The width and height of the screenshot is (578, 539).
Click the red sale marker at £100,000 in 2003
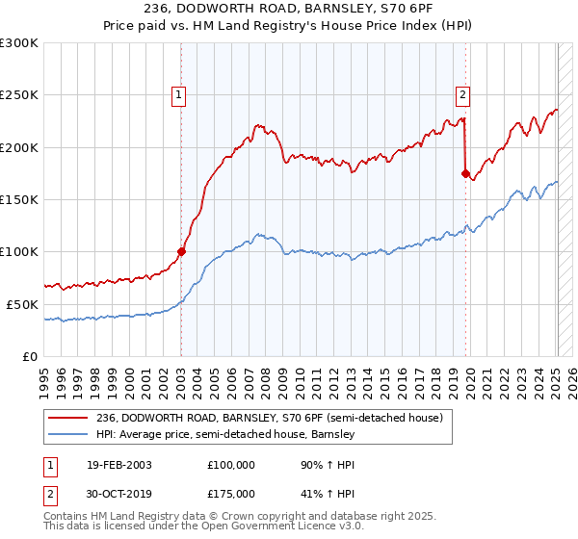[181, 251]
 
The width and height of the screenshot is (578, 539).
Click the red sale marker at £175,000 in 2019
[465, 174]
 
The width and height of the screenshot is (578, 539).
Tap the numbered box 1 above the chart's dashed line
[179, 94]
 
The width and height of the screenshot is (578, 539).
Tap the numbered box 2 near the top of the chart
[463, 94]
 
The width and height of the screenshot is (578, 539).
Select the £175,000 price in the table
[230, 494]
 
